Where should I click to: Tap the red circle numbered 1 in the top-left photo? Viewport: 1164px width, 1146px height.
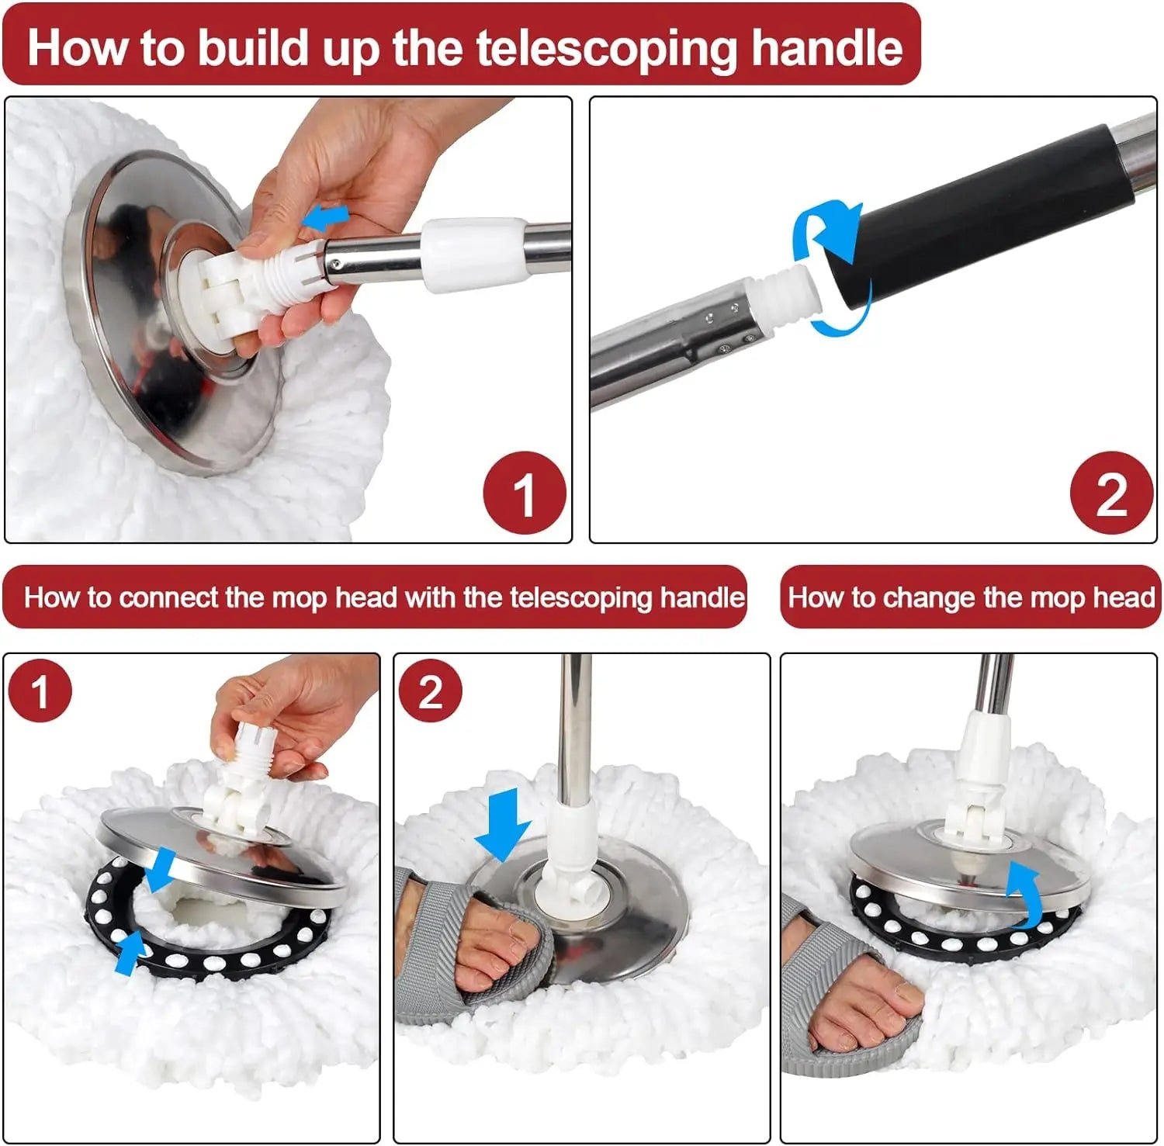(524, 493)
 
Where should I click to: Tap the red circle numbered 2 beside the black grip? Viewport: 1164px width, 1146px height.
(1110, 493)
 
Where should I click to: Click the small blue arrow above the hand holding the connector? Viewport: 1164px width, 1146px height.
(326, 217)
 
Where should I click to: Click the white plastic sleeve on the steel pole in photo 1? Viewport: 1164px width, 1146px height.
(473, 252)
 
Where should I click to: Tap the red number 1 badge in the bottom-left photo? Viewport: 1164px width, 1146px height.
(40, 691)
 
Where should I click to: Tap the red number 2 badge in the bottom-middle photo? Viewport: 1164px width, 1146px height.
(430, 691)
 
